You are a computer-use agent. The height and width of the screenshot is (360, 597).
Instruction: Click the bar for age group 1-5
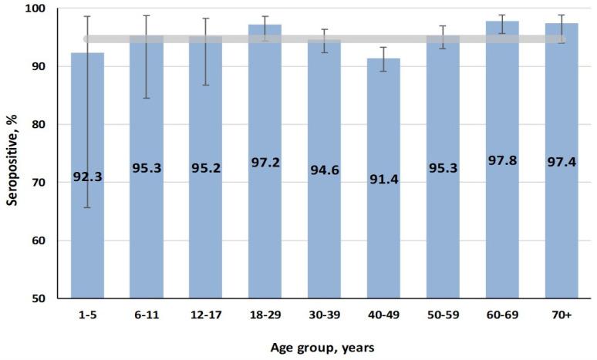87,231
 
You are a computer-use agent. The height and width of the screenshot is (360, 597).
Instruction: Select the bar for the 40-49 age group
383,231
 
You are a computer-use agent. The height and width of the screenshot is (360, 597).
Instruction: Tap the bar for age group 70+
561,231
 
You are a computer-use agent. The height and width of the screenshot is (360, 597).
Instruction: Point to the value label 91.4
383,184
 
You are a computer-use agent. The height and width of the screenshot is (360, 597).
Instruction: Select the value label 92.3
87,177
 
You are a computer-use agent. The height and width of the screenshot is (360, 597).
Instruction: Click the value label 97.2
265,163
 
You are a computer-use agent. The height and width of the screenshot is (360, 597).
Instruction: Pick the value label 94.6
324,170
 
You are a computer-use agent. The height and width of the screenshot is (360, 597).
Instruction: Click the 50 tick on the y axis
40,298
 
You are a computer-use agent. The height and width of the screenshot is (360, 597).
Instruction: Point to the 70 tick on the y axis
40,183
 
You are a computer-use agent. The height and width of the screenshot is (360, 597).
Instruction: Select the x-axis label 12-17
205,315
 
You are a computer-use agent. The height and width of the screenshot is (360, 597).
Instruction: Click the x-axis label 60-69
501,315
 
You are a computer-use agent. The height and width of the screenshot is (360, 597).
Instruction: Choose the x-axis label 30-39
324,315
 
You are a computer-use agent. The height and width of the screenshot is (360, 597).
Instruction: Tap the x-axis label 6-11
146,315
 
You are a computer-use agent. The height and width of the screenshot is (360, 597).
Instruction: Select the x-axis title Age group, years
323,348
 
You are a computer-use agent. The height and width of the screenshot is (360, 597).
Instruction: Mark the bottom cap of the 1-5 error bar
87,207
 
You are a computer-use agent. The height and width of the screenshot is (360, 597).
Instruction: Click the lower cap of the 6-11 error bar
146,98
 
